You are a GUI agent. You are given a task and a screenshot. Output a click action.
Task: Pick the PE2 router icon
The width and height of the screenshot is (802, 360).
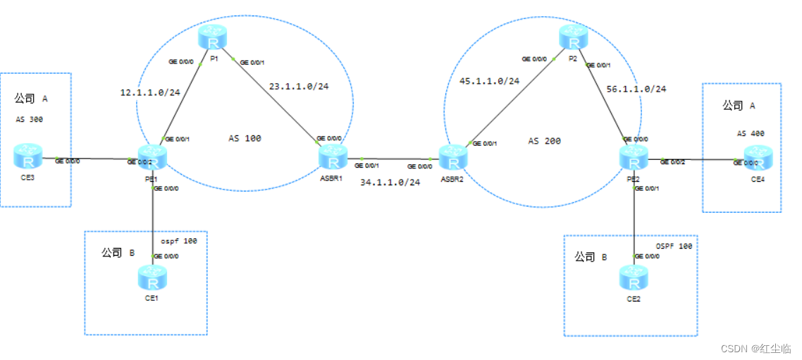634,156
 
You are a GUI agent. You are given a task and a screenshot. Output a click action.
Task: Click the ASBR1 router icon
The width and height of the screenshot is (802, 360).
331,158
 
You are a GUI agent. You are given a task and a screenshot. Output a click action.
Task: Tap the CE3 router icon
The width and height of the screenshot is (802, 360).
31,156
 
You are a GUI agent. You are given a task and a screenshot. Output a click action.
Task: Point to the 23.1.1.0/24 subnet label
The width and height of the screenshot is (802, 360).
299,87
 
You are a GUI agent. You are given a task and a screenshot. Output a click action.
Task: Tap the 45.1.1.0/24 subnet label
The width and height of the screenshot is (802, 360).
489,82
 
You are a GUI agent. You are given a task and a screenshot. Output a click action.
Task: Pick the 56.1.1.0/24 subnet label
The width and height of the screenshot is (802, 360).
636,89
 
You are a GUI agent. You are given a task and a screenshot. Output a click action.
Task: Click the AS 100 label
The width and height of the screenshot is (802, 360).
245,139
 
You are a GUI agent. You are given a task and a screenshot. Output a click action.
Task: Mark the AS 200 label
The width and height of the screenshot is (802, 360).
544,142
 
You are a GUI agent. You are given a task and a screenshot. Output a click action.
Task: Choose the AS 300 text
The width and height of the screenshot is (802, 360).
29,120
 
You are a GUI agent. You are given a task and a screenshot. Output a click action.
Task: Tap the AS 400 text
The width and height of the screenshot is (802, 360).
751,133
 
